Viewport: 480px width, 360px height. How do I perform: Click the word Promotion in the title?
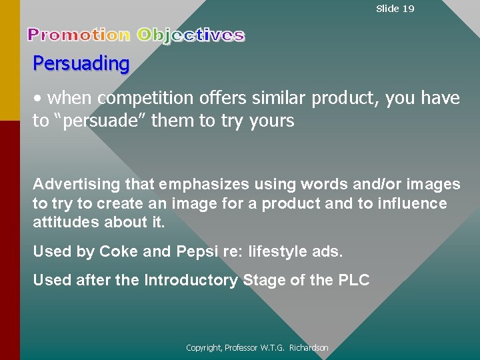pos(79,35)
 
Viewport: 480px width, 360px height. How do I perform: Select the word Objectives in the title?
pos(191,35)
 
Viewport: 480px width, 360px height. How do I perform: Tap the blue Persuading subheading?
pos(81,64)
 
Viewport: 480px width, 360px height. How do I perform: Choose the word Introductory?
pos(191,280)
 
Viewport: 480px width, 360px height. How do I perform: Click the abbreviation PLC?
pos(353,280)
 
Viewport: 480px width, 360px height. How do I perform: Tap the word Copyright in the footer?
pos(203,348)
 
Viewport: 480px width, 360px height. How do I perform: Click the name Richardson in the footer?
pos(309,348)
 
